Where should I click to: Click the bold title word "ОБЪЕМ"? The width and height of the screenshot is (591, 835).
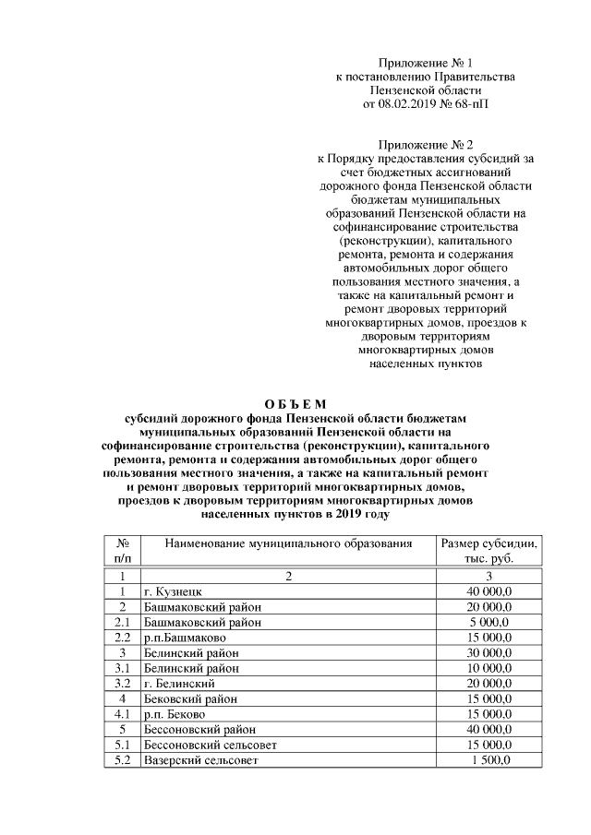tap(295, 404)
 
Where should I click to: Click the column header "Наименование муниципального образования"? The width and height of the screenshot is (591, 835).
tap(287, 544)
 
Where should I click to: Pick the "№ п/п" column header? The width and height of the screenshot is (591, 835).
tap(122, 552)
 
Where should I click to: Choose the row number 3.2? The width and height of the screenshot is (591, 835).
tap(122, 684)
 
